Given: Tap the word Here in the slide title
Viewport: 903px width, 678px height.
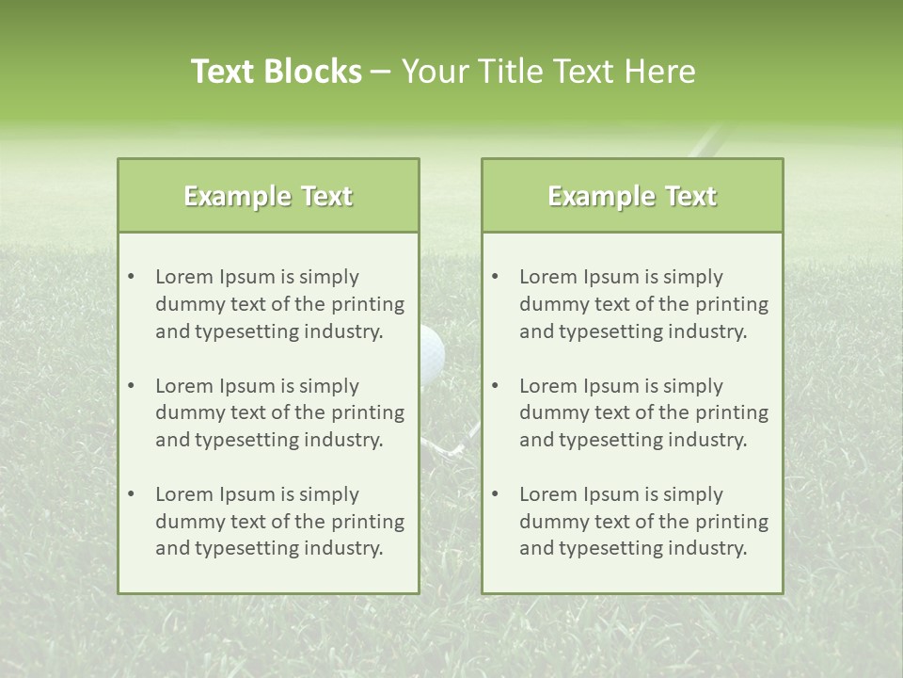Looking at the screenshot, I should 663,72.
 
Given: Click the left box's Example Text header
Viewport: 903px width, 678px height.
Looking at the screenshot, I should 268,196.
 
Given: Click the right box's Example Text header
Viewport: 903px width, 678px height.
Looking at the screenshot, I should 632,196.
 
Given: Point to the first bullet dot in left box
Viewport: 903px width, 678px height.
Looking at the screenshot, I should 131,277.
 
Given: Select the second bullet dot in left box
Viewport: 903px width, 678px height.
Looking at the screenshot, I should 131,386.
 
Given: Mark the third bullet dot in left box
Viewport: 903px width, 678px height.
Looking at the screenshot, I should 131,494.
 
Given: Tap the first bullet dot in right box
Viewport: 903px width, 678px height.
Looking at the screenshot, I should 495,277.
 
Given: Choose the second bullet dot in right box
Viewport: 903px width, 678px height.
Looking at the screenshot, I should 495,386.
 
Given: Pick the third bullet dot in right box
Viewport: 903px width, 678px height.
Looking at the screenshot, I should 495,494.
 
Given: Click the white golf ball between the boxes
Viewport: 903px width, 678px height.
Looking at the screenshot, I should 433,350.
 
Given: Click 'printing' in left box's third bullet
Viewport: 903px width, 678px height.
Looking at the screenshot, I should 370,522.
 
